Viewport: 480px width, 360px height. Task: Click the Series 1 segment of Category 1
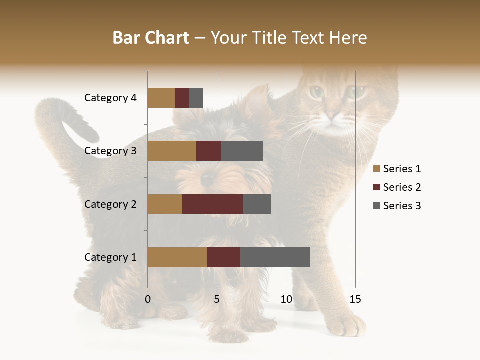(x=177, y=257)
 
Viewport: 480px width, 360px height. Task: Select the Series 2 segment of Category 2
(x=213, y=204)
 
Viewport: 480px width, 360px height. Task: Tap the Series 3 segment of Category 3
(x=242, y=151)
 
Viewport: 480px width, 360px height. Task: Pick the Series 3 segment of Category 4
(x=196, y=98)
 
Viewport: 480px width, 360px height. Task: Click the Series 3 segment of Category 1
(x=275, y=257)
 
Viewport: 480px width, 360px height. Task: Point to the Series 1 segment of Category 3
(x=172, y=151)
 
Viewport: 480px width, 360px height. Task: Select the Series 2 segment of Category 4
(x=182, y=98)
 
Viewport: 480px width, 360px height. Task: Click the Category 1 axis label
(x=110, y=257)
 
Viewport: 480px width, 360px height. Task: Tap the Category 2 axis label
(x=110, y=204)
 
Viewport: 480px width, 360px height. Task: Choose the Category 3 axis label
(x=110, y=151)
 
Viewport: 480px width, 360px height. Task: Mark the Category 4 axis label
(x=110, y=98)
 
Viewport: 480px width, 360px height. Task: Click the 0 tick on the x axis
(x=148, y=299)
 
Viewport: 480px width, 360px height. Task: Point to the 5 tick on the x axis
(x=217, y=299)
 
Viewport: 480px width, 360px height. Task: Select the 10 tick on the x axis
(x=286, y=299)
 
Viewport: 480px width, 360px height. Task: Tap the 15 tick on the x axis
(x=355, y=299)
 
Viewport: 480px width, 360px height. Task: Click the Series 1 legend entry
(x=397, y=169)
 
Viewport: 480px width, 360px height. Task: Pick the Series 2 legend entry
(x=397, y=187)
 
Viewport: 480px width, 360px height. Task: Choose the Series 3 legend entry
(x=397, y=206)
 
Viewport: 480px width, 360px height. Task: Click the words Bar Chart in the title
(x=151, y=38)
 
